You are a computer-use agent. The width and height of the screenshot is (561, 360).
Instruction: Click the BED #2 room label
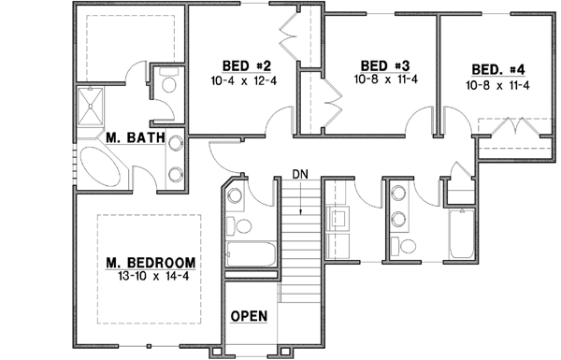tap(246, 65)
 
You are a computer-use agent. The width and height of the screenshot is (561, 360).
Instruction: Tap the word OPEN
tap(249, 315)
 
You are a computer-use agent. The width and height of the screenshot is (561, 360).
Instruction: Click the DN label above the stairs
tap(300, 173)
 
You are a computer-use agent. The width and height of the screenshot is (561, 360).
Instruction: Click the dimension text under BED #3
tap(385, 80)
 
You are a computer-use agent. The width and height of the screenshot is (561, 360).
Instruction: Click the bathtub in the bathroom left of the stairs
tap(250, 254)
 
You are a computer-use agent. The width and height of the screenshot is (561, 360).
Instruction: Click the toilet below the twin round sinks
tap(408, 246)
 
